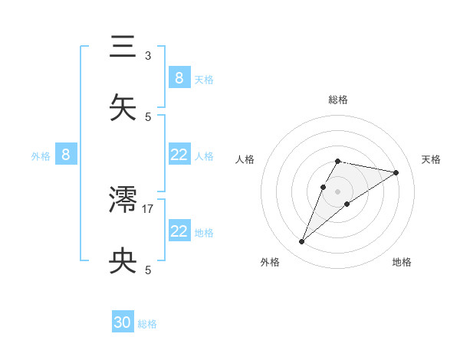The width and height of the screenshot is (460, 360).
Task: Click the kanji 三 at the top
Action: point(123,47)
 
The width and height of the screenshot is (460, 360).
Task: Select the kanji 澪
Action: point(123,201)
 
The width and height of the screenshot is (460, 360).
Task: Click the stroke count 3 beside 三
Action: point(148,55)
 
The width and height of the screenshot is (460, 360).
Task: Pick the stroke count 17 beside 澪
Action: point(148,208)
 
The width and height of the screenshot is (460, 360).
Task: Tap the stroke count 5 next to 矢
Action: point(148,116)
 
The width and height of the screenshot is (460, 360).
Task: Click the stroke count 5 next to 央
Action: point(148,270)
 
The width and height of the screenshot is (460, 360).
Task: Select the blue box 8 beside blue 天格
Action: point(179,77)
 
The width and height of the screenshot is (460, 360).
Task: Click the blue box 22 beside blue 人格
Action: point(179,155)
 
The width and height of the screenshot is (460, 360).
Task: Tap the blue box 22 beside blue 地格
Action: point(179,231)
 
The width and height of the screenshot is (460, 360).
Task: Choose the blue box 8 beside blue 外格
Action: point(66,155)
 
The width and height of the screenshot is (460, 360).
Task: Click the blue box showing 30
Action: point(123,322)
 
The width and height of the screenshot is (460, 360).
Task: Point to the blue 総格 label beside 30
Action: point(147,324)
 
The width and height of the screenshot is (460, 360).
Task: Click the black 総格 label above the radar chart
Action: point(338,100)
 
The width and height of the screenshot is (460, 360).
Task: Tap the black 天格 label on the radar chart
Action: point(432,159)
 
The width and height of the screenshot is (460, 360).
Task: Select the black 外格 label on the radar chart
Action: point(270,262)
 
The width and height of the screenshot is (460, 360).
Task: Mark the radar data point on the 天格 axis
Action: point(396,172)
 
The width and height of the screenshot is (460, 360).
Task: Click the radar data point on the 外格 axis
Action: point(302,242)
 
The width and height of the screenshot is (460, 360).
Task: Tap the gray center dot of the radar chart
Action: point(338,191)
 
